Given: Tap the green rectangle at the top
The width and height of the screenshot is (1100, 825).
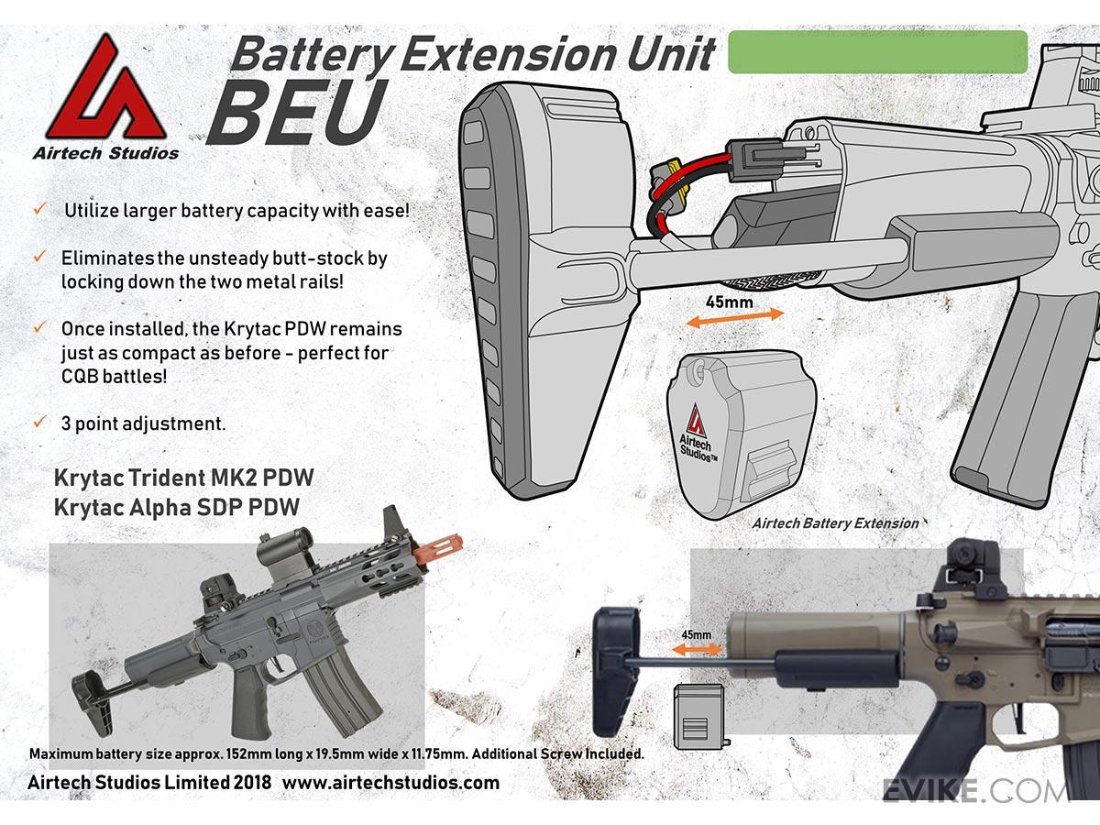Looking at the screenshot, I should click(x=877, y=51).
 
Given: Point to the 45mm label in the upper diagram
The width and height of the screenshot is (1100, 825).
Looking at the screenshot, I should click(x=731, y=300).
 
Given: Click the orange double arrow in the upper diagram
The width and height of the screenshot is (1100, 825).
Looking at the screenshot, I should click(x=735, y=316).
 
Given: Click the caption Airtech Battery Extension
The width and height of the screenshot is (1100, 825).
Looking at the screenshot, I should click(x=835, y=523).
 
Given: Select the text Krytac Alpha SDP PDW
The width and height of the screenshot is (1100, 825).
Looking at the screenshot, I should click(x=176, y=506).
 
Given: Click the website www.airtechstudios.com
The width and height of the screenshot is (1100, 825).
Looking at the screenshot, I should click(x=390, y=783).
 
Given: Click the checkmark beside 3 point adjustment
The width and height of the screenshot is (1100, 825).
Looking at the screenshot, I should click(x=39, y=423).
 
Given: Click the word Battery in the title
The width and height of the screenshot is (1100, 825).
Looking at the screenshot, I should click(x=310, y=55).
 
